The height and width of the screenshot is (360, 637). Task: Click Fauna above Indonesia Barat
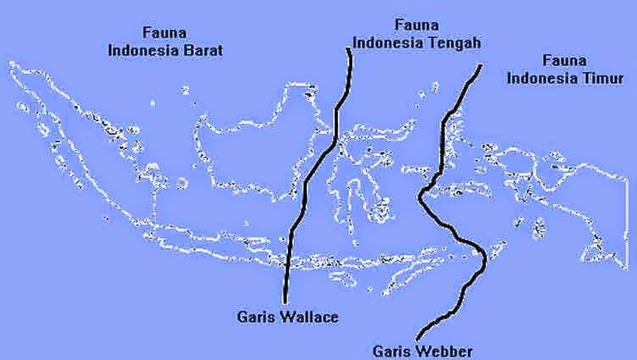pos(166,34)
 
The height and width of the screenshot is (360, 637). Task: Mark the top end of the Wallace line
pos(349,50)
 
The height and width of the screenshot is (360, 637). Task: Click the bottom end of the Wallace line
pos(285,300)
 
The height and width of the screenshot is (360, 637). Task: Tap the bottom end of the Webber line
pos(418,338)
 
